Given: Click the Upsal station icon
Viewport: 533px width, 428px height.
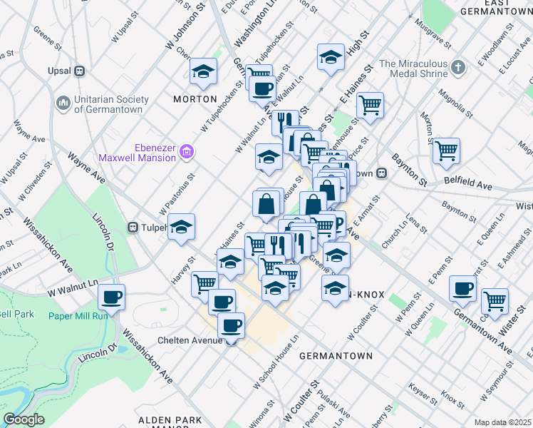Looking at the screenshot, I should click(79, 71).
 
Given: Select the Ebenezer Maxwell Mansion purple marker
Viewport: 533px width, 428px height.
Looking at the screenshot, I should click(187, 151).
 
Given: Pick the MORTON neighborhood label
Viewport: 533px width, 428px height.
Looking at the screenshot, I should click(195, 99).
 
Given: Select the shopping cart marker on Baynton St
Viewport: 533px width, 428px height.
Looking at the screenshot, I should click(446, 149).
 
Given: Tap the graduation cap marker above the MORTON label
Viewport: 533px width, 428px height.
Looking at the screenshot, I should click(204, 71).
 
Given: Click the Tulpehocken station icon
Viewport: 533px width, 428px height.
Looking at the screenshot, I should click(133, 228).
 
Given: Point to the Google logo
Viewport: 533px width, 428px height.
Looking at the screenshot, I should click(24, 419).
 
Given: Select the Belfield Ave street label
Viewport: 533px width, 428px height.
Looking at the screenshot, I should click(467, 185).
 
